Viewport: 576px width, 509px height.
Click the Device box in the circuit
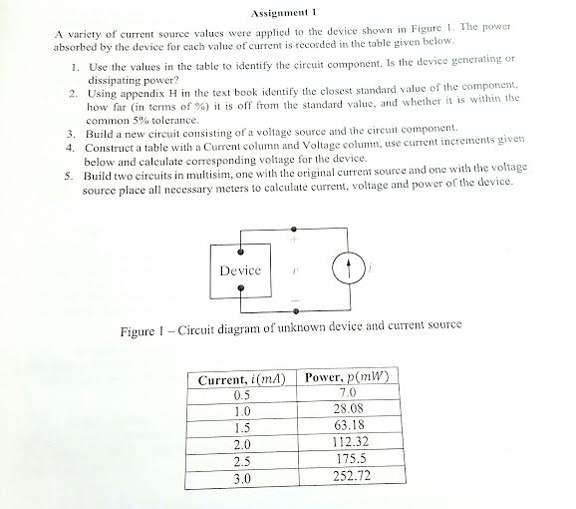tap(239, 269)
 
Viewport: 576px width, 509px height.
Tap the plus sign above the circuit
tap(294, 239)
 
